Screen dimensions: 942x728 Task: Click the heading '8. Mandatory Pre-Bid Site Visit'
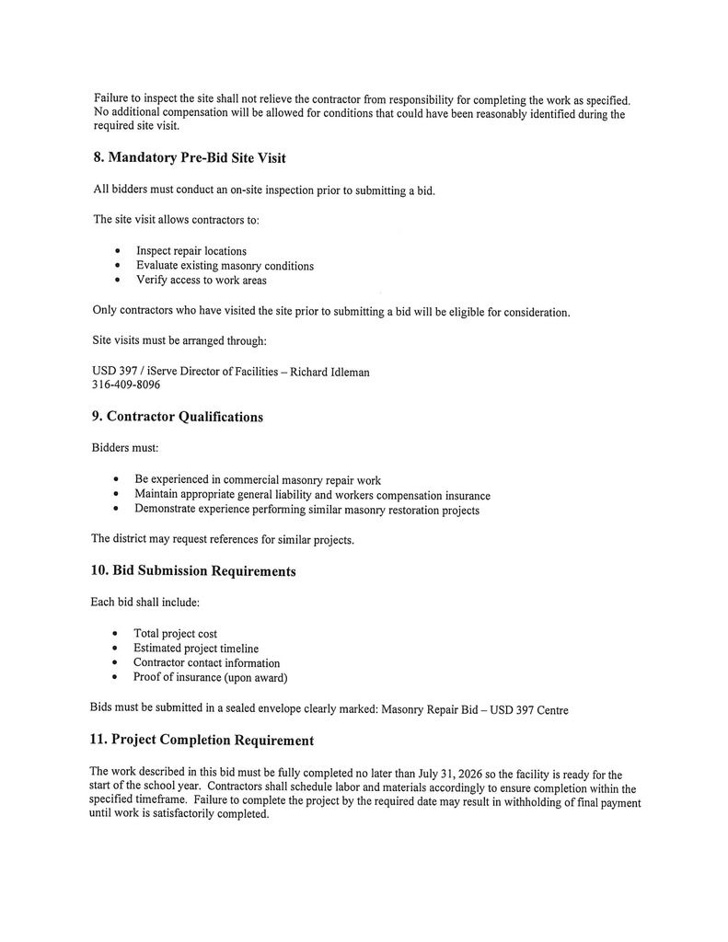point(190,158)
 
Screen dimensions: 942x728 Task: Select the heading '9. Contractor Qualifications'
point(178,417)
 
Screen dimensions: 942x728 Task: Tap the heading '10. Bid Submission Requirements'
point(193,571)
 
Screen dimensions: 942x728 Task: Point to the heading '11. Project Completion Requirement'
point(202,741)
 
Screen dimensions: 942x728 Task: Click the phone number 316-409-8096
point(126,385)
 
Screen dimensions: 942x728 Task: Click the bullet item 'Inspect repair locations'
point(191,251)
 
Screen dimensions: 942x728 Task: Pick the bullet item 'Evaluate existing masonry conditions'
point(225,266)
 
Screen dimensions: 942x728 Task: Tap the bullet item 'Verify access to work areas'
point(202,281)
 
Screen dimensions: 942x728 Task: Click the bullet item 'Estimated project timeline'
point(196,649)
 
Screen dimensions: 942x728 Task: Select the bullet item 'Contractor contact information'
point(206,663)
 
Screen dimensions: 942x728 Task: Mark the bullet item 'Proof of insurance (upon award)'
point(211,678)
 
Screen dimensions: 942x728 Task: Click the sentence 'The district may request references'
point(222,539)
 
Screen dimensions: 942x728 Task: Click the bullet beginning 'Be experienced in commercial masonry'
point(258,480)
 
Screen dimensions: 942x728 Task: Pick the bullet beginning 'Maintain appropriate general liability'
point(312,495)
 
